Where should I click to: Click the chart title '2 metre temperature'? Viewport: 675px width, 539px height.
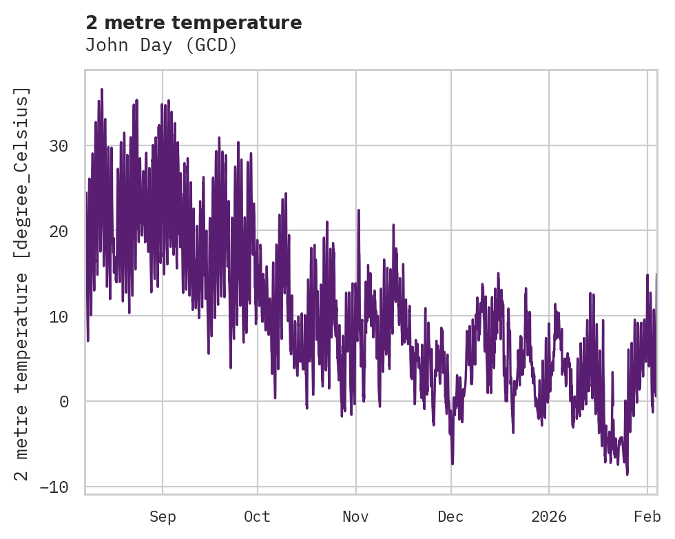coord(194,23)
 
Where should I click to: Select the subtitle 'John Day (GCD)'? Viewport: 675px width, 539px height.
coord(161,45)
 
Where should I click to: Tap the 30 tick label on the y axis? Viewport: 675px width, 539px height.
coord(61,146)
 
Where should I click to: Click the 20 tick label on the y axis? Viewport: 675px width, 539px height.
coord(61,232)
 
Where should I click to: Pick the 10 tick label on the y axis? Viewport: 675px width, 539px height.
coord(61,316)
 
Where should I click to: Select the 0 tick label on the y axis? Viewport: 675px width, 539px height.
coord(65,402)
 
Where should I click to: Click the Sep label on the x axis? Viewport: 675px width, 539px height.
coord(163,517)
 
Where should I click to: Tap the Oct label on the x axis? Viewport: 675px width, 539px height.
coord(258,517)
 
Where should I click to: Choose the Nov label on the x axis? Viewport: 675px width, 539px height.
coord(356,517)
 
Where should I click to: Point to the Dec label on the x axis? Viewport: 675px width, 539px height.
coord(451,517)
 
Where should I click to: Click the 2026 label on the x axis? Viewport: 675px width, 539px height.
coord(549,517)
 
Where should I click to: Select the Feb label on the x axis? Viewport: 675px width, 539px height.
coord(647,517)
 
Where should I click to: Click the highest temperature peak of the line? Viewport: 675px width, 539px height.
coord(101,90)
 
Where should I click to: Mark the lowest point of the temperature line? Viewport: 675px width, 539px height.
coord(627,474)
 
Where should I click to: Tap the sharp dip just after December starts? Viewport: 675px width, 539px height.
coord(453,463)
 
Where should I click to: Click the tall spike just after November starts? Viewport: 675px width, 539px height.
coord(360,209)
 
